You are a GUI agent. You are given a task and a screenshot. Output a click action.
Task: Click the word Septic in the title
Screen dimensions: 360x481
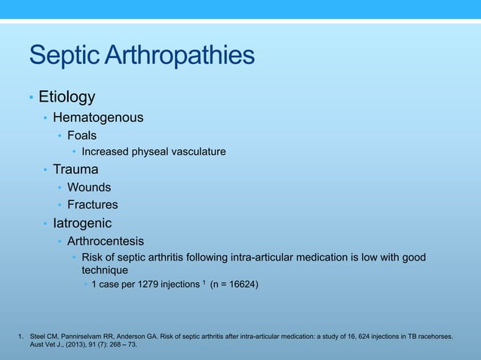click(63, 55)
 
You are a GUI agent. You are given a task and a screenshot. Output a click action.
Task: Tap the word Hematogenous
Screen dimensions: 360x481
click(98, 117)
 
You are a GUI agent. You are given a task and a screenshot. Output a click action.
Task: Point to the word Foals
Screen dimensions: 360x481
click(81, 136)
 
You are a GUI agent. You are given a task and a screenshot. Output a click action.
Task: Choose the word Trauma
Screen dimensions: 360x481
click(75, 169)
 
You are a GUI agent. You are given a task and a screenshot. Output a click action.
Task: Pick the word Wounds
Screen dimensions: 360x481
click(89, 187)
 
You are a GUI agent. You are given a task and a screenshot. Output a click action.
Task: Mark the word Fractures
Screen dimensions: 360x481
click(92, 205)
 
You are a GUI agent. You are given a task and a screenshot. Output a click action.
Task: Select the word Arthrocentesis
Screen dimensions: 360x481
click(106, 241)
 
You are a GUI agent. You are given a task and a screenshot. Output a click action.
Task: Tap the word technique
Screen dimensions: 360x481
click(105, 270)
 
